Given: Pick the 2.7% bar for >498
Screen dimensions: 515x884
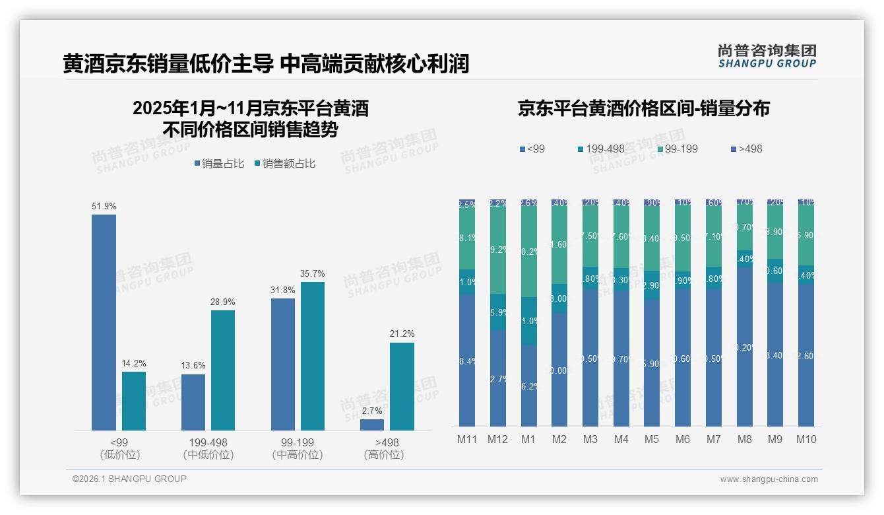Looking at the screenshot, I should (x=372, y=425).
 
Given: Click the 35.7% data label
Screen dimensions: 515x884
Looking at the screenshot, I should (x=312, y=273).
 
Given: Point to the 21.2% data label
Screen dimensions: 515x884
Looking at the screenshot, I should (x=402, y=333).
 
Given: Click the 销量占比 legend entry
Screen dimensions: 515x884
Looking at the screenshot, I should (x=221, y=164).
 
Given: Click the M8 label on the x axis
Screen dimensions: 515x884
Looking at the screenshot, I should (x=744, y=439).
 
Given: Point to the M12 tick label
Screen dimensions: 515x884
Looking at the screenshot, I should (x=497, y=439).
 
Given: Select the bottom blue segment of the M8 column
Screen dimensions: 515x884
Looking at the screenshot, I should (x=744, y=347).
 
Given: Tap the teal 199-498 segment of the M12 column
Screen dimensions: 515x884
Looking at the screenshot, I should (x=497, y=312).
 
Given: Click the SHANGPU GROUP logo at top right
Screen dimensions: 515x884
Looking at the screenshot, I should (x=767, y=56).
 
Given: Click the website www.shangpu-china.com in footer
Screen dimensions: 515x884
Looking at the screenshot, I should (x=769, y=479).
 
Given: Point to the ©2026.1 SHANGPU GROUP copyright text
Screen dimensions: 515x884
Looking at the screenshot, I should (x=129, y=479).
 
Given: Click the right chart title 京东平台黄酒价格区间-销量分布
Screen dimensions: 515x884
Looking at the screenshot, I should (x=643, y=109).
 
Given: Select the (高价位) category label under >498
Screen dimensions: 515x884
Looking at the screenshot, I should (x=383, y=455).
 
